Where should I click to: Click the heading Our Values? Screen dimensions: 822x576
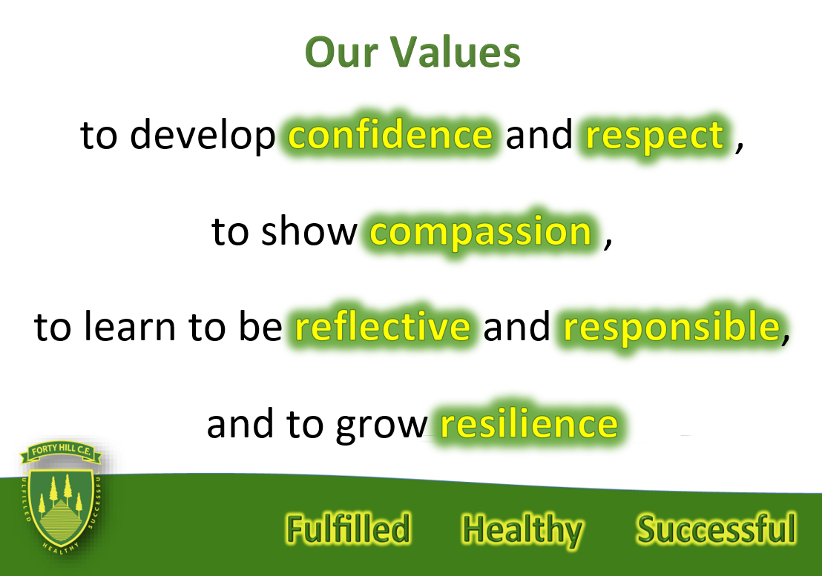pyautogui.click(x=412, y=53)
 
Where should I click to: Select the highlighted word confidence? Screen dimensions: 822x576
pyautogui.click(x=390, y=135)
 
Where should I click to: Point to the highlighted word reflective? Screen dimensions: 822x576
pyautogui.click(x=383, y=326)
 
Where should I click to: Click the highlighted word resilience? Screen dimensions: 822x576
pyautogui.click(x=529, y=423)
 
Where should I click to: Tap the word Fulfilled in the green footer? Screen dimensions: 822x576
pyautogui.click(x=348, y=528)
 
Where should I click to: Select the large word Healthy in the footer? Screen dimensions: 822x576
pyautogui.click(x=522, y=531)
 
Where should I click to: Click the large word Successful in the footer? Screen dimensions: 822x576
pyautogui.click(x=716, y=529)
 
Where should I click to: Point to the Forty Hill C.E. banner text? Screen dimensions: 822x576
pyautogui.click(x=62, y=451)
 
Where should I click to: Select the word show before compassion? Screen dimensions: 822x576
pyautogui.click(x=309, y=231)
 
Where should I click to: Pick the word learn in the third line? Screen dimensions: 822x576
pyautogui.click(x=131, y=326)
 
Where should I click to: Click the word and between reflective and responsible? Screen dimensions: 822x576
pyautogui.click(x=516, y=326)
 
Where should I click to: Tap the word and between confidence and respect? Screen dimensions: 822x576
pyautogui.click(x=539, y=135)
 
